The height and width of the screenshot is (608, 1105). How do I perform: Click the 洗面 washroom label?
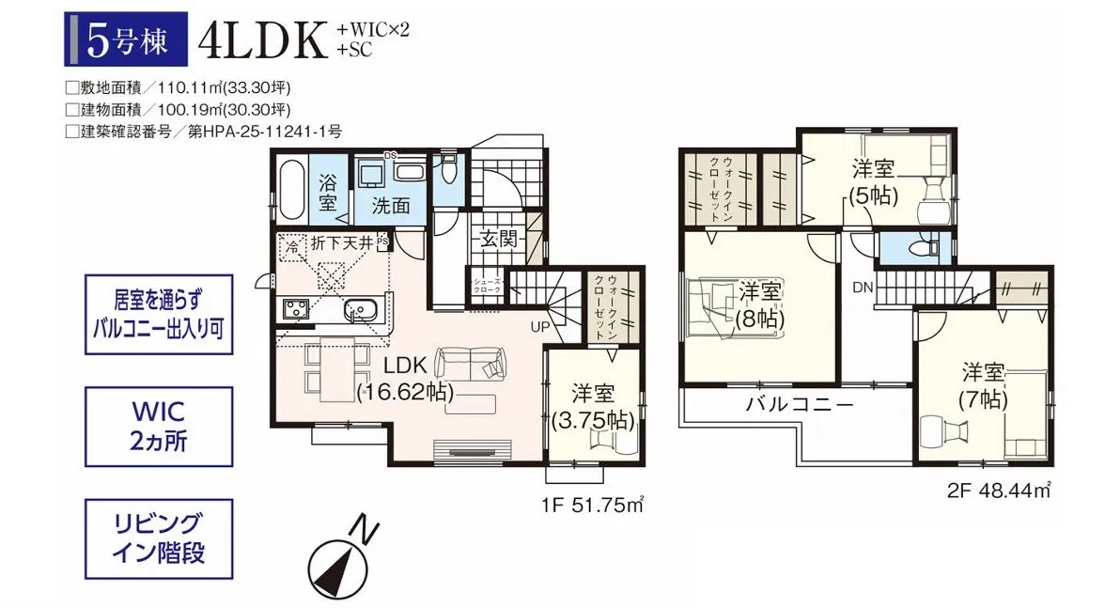click(390, 206)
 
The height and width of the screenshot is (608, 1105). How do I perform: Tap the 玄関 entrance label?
click(497, 239)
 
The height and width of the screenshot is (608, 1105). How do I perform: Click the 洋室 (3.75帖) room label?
click(593, 406)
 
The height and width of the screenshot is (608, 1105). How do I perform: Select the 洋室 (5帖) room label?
click(873, 182)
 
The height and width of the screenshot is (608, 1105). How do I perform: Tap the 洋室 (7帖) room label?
click(982, 384)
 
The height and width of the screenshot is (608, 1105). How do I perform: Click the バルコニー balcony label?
click(800, 406)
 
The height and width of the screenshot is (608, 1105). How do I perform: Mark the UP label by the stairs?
click(541, 326)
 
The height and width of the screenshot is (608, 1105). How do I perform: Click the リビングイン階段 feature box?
click(158, 538)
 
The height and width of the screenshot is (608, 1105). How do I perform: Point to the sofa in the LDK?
click(471, 362)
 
